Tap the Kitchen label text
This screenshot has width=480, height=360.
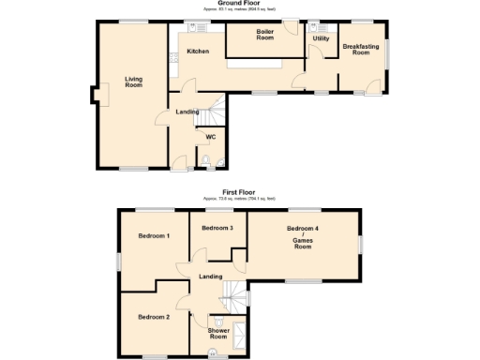(197, 51)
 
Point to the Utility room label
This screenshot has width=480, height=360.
(322, 39)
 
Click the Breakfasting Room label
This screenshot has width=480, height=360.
(361, 50)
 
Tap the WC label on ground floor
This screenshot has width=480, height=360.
(211, 137)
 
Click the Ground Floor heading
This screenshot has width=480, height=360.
(240, 3)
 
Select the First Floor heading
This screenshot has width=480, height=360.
(239, 191)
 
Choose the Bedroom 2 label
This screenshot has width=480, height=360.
(153, 317)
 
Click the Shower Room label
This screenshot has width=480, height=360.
(218, 332)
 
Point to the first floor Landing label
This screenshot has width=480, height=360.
(210, 276)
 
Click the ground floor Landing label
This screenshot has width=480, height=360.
(187, 112)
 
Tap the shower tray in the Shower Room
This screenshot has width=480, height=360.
(240, 335)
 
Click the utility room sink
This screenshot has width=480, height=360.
(311, 28)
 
